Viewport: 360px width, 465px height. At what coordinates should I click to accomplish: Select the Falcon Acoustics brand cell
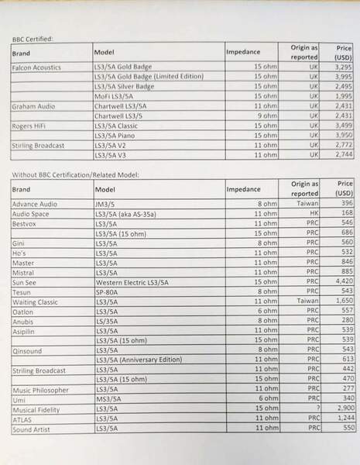click(x=39, y=67)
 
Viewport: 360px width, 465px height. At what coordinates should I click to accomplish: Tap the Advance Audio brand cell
click(x=36, y=204)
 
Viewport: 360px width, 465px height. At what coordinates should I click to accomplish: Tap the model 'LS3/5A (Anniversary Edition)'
click(x=139, y=360)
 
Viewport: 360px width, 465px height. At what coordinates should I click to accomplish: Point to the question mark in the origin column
click(x=315, y=408)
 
